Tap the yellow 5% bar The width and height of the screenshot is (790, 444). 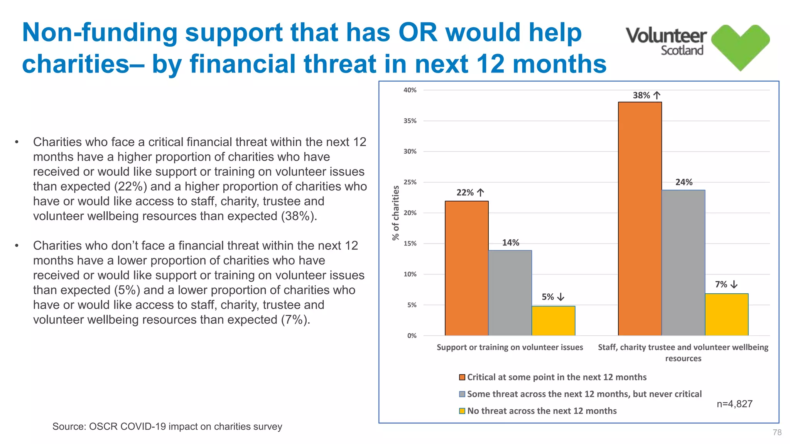coord(553,321)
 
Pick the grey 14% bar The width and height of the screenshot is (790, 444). coord(510,293)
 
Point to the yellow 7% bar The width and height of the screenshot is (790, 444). coord(726,314)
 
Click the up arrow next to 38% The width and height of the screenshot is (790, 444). coord(657,95)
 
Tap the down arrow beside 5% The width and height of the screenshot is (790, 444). coord(561,297)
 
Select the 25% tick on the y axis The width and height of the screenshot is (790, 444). coord(410,182)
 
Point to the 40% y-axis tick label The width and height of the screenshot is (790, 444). coord(410,90)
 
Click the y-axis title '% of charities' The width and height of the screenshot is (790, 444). coord(396,213)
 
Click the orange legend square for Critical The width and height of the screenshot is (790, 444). coord(462,377)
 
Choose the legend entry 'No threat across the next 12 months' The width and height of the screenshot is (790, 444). coord(542,411)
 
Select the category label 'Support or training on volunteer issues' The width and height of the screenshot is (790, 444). coord(510,347)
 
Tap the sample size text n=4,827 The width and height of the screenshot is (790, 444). coord(734,404)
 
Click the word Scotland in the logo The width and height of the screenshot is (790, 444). coord(682,50)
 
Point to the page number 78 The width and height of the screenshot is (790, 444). coord(777,432)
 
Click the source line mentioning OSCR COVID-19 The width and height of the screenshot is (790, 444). coord(167,427)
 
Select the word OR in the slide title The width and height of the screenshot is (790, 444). coord(418,32)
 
